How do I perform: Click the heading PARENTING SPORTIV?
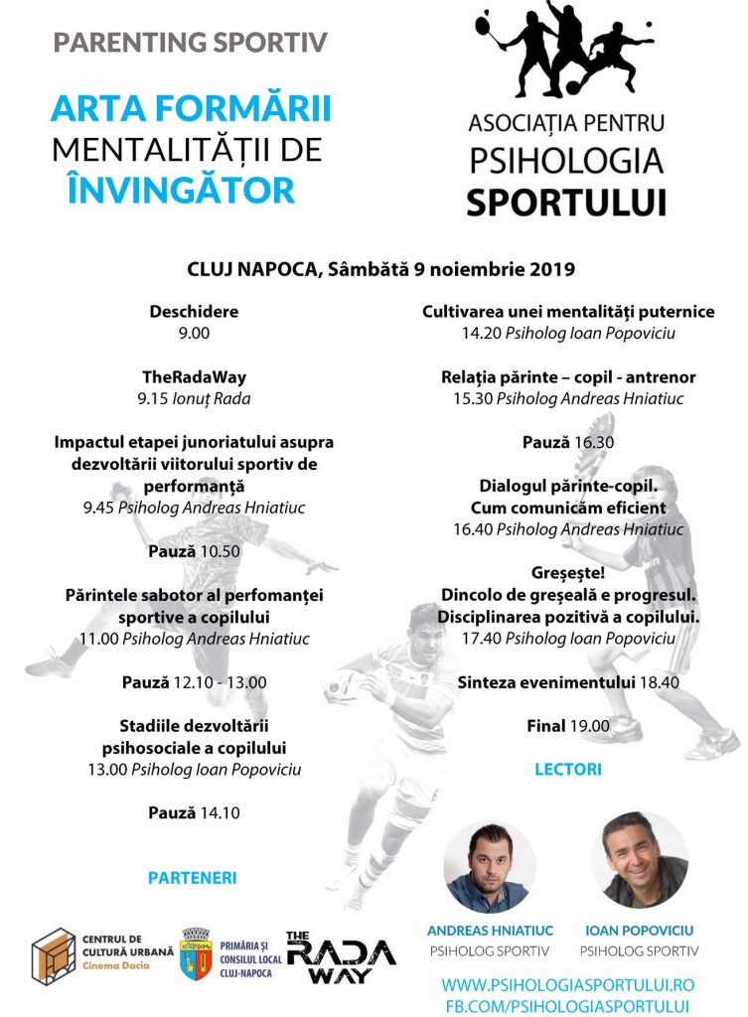point(190,43)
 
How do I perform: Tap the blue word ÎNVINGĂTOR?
point(182,189)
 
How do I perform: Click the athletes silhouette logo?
point(566,55)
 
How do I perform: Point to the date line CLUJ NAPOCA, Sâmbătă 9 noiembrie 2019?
point(381,269)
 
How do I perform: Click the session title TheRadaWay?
point(194,377)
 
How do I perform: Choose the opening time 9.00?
point(194,334)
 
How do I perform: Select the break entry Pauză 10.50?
point(194,551)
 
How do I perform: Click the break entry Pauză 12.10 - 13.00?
point(194,682)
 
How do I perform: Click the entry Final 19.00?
point(568,726)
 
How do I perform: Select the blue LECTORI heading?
point(568,769)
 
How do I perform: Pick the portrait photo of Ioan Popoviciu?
point(639,860)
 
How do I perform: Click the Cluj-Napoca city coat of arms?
point(196,954)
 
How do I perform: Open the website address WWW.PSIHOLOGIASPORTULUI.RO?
point(567,984)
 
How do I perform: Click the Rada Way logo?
point(340,957)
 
